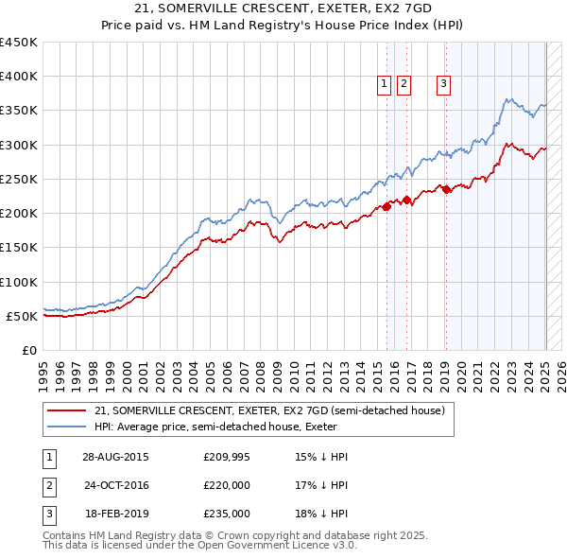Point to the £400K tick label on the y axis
pyautogui.click(x=19, y=77)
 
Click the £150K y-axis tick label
pyautogui.click(x=19, y=248)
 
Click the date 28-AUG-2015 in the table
pyautogui.click(x=115, y=457)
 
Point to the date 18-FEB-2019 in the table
pyautogui.click(x=115, y=514)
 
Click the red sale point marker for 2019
pyautogui.click(x=446, y=189)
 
